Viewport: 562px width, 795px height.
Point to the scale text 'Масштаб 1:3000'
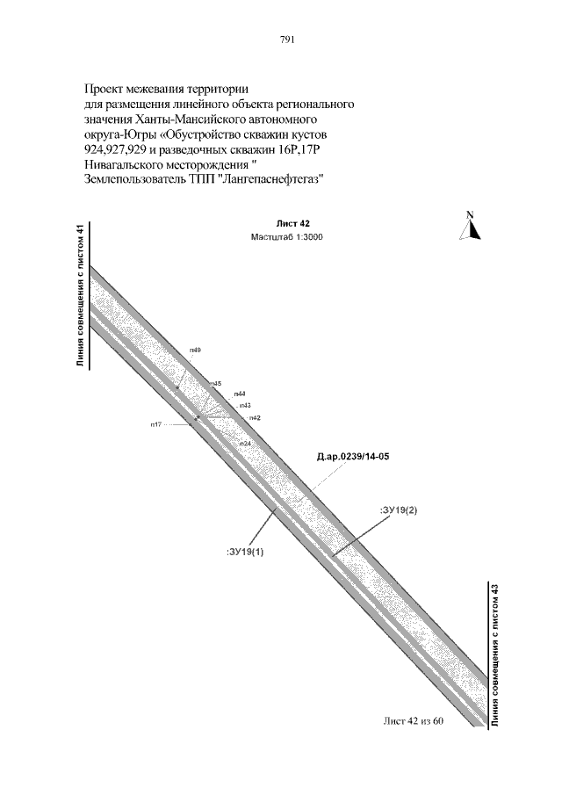pos(287,237)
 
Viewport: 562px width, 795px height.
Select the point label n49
pos(195,351)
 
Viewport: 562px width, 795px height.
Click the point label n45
pos(215,384)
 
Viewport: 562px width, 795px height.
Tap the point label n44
pos(240,394)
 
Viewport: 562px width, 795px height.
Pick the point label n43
pos(245,405)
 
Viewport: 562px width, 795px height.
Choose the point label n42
pos(255,417)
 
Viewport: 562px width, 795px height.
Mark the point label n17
pos(155,424)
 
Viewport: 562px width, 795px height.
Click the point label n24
pos(245,444)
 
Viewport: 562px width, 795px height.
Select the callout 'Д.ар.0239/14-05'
pos(352,457)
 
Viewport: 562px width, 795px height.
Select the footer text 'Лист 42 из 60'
pos(414,721)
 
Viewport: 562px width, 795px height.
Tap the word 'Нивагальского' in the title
pos(126,163)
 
